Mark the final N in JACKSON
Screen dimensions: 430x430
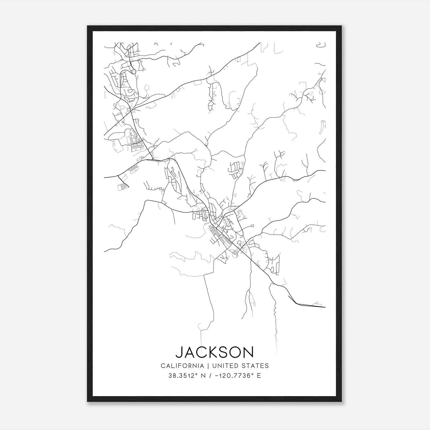pyautogui.click(x=248, y=352)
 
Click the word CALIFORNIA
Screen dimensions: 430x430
pyautogui.click(x=182, y=366)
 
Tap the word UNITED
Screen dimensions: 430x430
pyautogui.click(x=225, y=366)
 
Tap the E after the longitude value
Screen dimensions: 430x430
pyautogui.click(x=259, y=376)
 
